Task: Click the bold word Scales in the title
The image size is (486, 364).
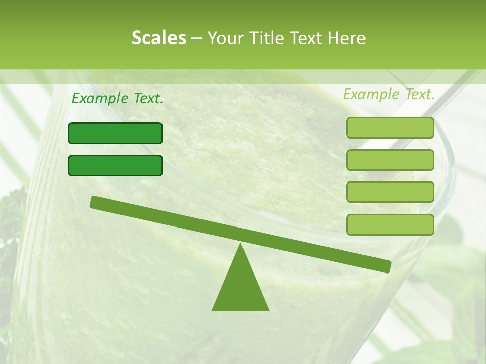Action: [159, 38]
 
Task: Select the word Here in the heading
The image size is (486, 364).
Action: [347, 38]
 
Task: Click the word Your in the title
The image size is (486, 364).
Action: [226, 38]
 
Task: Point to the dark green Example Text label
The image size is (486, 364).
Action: [117, 98]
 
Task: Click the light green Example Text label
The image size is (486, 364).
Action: [389, 94]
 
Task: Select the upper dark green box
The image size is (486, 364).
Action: [115, 133]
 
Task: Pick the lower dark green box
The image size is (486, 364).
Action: [115, 165]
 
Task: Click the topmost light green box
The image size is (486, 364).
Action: [390, 127]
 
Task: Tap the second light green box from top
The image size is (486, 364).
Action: [390, 160]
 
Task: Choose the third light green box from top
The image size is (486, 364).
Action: [390, 192]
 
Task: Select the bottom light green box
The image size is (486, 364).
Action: [390, 224]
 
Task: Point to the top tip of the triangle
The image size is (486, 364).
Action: [240, 245]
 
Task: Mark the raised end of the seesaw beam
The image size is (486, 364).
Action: [94, 202]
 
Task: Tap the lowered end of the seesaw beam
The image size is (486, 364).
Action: [387, 266]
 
